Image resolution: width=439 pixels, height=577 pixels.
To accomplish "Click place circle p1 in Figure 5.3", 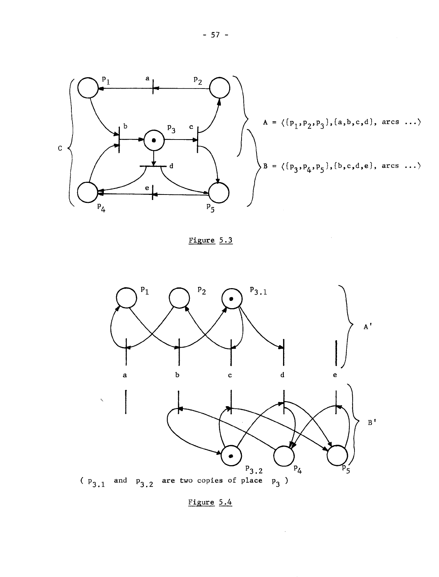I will [87, 88].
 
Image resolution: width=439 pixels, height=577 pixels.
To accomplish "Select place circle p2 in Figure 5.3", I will [220, 88].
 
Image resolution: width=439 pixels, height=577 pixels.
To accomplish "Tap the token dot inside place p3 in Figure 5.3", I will [154, 140].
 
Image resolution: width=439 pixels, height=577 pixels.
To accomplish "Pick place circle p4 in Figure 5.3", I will [87, 192].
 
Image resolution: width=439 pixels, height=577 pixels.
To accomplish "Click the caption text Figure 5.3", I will [210, 240].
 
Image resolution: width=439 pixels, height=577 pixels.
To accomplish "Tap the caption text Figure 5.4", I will [210, 502].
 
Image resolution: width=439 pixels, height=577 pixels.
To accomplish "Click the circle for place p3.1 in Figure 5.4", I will [231, 299].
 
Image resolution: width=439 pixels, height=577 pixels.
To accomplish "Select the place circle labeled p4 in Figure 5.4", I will [284, 456].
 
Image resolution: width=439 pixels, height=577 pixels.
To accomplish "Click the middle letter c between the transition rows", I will [230, 375].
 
